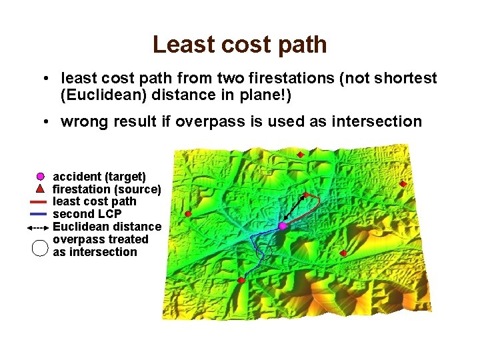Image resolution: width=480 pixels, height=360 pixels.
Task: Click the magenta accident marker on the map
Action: (283, 227)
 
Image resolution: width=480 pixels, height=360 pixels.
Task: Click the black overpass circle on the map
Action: (265, 251)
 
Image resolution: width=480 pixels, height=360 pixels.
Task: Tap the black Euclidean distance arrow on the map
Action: (294, 209)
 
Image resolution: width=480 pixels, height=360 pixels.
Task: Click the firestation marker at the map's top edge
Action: (301, 155)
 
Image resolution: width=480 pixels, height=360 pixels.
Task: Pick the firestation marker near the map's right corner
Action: (403, 184)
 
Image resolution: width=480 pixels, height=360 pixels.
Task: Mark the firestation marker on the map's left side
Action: (188, 214)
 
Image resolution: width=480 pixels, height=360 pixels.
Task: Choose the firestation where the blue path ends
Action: (241, 281)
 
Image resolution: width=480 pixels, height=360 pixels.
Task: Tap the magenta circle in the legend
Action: (40, 177)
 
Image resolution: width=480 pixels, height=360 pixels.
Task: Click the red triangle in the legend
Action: (40, 189)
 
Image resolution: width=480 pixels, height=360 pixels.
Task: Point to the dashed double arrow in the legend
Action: (39, 227)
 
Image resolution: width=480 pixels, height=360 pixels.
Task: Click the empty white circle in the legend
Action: (40, 247)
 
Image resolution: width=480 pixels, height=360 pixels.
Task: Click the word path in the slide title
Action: (304, 45)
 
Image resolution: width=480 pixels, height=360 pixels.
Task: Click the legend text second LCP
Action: (87, 214)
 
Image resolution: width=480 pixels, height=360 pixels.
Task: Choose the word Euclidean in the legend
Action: (81, 227)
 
